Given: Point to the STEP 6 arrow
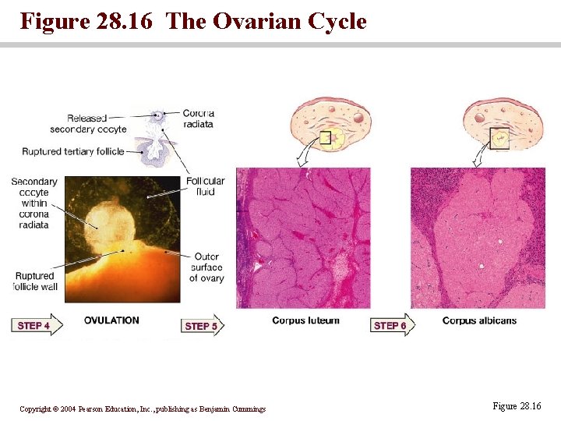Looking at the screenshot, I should [x=392, y=325].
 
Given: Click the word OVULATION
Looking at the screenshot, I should [x=111, y=320].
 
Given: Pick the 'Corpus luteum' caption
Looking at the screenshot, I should [x=305, y=320].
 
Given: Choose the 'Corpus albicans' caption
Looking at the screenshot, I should [x=478, y=320].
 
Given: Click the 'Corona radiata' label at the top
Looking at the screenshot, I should [x=199, y=118].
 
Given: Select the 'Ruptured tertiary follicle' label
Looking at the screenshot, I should [x=72, y=151].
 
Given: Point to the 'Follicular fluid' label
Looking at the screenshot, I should [x=205, y=186].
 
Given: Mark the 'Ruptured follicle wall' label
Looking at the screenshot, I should [x=34, y=281].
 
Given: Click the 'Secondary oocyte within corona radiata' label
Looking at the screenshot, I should [x=34, y=203].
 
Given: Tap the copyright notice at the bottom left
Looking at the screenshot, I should [x=143, y=409].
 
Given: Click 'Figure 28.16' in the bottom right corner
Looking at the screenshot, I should [x=516, y=406].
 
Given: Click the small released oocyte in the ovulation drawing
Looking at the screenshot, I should [x=157, y=116].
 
